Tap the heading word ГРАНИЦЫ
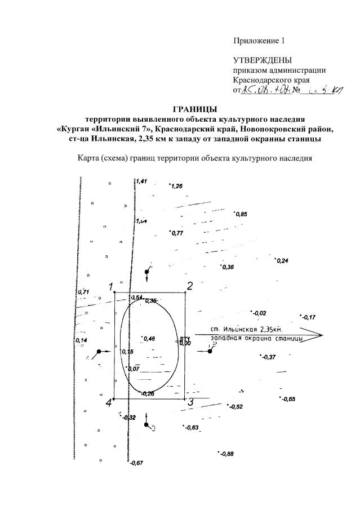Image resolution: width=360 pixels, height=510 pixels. pos(194,109)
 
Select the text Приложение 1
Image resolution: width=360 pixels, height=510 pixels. pos(260,41)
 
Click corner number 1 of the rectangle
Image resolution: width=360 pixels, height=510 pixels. pos(111,286)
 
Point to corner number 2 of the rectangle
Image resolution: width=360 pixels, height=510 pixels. pos(190,286)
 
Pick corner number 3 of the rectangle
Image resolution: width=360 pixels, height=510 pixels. pos(190,402)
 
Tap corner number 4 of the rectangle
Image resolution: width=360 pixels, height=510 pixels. pos(109,402)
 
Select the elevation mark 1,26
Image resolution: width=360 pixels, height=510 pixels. pos(176,186)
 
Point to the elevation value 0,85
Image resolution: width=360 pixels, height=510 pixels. pos(241,215)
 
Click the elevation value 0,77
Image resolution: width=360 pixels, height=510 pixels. pos(177,233)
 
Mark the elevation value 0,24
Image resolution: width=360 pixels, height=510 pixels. pos(282,261)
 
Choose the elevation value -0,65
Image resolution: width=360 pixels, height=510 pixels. pos(288,399)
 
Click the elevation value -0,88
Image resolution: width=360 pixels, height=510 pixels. pos(226,454)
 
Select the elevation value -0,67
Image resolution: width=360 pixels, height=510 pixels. pos(136,463)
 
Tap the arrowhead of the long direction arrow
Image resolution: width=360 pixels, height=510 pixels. pos(319,335)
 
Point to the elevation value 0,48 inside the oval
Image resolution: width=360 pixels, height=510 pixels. pos(149,339)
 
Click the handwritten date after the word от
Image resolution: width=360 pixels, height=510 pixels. pos(266,91)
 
